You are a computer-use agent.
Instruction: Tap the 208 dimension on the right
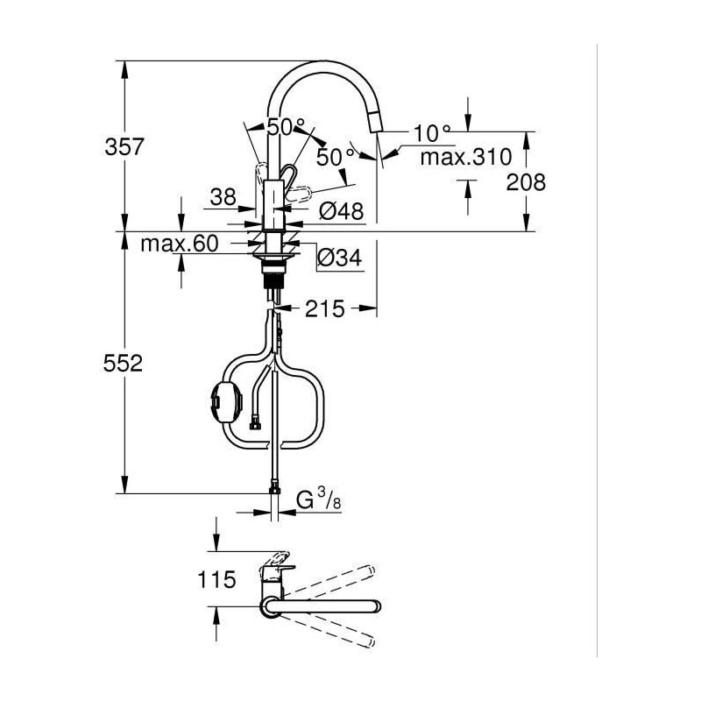526,182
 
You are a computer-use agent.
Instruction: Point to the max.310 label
464,158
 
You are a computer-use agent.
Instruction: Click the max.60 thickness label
179,244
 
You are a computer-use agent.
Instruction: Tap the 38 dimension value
223,199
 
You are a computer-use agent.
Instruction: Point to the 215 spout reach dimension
325,308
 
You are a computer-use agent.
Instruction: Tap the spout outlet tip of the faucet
378,129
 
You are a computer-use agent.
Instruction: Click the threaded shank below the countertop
274,280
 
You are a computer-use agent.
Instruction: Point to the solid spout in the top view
324,605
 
